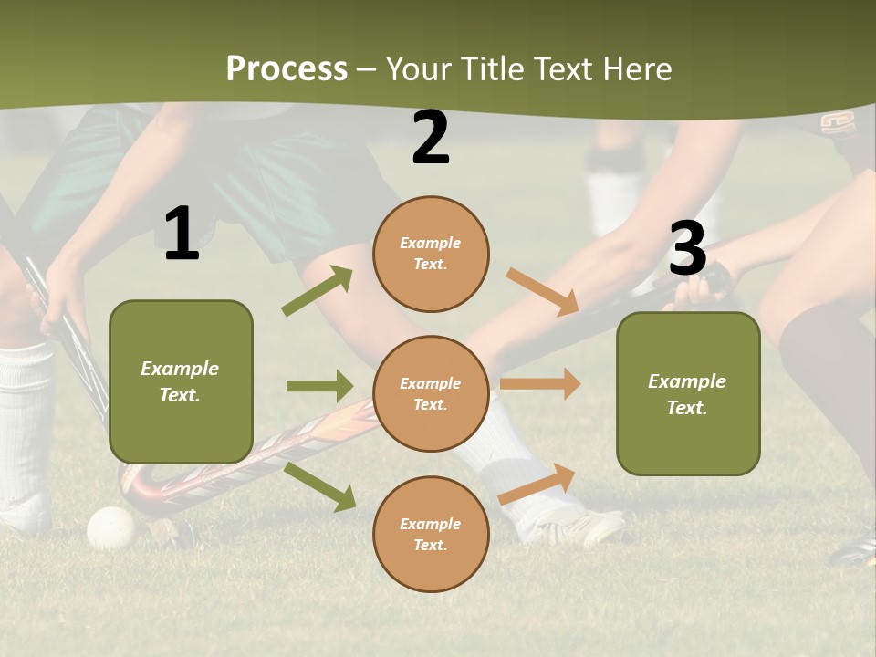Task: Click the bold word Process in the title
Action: tap(287, 69)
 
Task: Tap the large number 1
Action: tap(182, 234)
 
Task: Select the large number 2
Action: tap(431, 139)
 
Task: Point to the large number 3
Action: tap(688, 248)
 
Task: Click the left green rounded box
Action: tap(181, 381)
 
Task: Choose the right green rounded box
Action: tap(688, 393)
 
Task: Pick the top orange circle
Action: tap(431, 254)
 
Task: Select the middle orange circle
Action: tap(431, 393)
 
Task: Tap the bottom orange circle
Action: tap(431, 534)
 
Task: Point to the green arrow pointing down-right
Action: tap(319, 486)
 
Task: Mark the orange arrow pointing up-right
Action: tap(537, 484)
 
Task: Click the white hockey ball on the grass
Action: tap(110, 527)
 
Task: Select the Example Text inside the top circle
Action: tap(431, 254)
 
